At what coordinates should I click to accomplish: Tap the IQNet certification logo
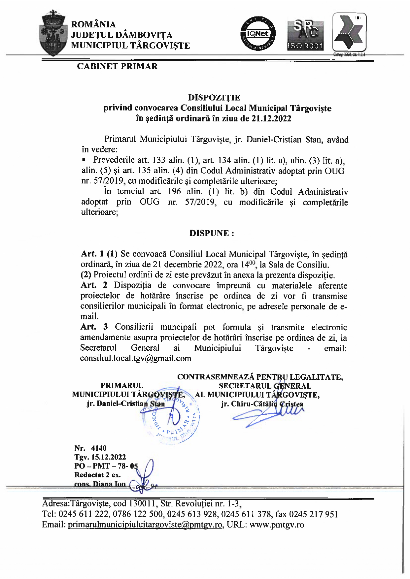point(258,34)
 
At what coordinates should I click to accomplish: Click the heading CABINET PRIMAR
point(117,66)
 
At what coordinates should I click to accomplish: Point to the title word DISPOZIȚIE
point(214,98)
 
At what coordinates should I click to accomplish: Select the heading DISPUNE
point(212,233)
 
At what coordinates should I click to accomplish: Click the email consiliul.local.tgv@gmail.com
point(136,358)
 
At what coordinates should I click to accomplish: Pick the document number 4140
point(99,448)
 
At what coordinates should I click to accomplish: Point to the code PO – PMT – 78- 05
point(106,466)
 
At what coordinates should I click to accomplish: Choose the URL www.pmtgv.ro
point(277,525)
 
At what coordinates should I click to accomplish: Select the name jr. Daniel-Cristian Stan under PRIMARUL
point(126,403)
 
